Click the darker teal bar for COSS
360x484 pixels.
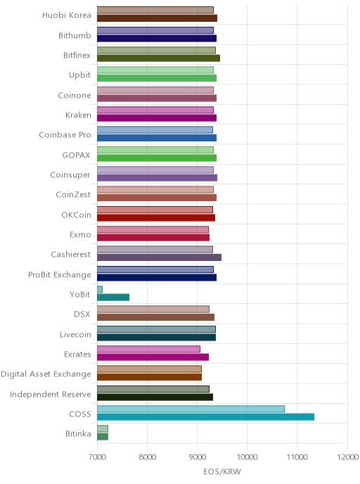tap(205, 417)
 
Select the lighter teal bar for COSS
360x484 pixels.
tap(191, 409)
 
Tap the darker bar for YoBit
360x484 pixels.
tap(113, 298)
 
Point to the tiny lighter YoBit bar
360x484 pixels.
tap(100, 289)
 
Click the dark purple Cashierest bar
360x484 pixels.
tap(159, 257)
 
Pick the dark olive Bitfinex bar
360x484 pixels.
tap(159, 58)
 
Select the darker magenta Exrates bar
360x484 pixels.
tap(153, 357)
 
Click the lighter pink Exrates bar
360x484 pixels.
tap(148, 349)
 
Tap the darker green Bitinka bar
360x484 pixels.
tap(103, 437)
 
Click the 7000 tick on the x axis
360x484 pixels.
tap(97, 457)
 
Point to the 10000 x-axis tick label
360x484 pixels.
tap(247, 457)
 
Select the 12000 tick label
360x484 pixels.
tap(347, 457)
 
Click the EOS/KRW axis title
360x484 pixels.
tap(222, 471)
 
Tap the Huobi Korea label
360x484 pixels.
tap(67, 15)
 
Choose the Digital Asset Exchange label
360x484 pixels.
tap(46, 374)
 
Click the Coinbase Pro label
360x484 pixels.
tap(65, 135)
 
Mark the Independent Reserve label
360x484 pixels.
tap(51, 394)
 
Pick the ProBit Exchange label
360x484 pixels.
tap(60, 275)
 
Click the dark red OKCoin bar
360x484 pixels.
tap(156, 217)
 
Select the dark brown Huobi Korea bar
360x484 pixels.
tap(157, 18)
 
